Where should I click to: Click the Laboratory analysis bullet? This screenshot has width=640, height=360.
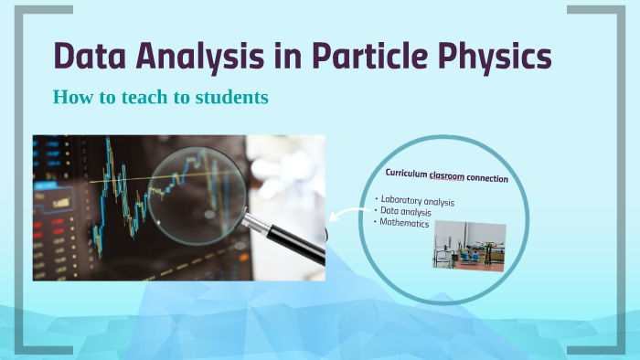pyautogui.click(x=418, y=201)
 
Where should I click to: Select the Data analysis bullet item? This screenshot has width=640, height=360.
pyautogui.click(x=407, y=212)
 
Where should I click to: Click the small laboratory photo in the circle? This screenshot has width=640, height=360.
pyautogui.click(x=469, y=246)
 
